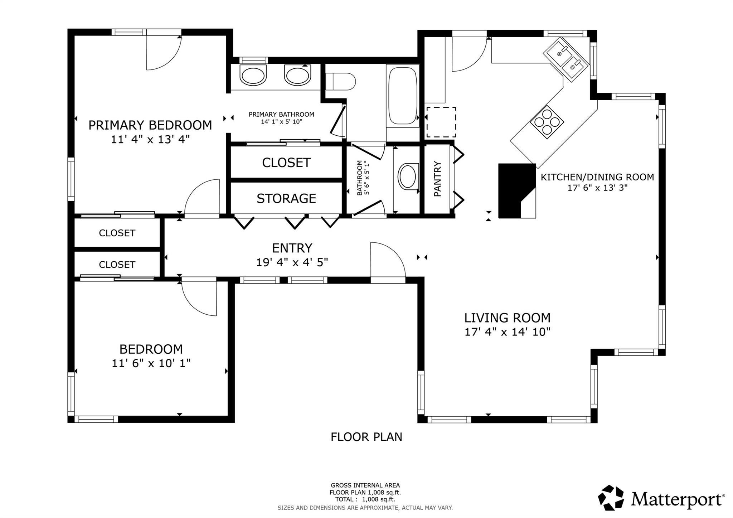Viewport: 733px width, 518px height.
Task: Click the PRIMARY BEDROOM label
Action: click(150, 125)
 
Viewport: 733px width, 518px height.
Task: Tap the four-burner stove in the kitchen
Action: click(547, 122)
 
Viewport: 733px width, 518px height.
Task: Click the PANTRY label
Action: click(437, 179)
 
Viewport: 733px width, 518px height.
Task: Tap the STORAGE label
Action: click(286, 198)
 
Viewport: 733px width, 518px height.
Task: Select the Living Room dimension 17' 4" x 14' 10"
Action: click(507, 332)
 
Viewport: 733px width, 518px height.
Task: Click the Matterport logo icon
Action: click(611, 498)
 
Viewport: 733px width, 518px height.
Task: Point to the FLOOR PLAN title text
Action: click(366, 437)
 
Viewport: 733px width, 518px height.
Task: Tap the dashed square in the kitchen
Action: click(441, 122)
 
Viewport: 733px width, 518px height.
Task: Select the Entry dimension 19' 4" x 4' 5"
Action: click(292, 262)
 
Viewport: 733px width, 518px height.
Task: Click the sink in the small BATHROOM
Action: click(408, 176)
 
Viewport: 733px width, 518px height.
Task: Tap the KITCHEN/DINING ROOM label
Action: click(597, 177)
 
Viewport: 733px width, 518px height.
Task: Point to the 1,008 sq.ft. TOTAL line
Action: click(365, 499)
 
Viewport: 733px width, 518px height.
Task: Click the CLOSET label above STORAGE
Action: click(286, 163)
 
